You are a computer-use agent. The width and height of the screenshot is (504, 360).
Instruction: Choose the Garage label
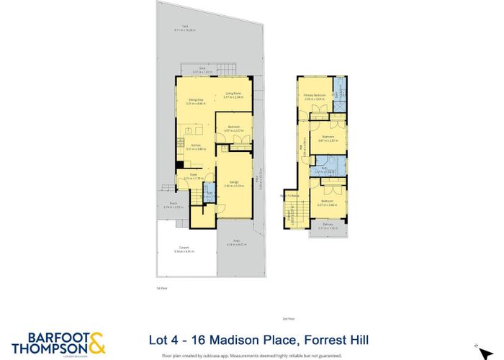click(235, 184)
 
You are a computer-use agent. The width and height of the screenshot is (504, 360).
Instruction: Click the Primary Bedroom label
click(315, 95)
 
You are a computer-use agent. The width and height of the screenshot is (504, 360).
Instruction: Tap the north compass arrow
click(476, 345)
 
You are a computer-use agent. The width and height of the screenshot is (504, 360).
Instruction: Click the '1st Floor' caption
click(161, 288)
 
